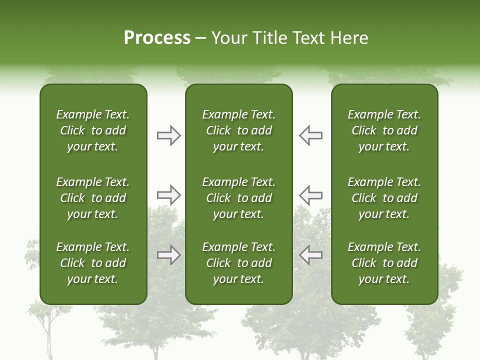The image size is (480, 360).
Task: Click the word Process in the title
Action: pyautogui.click(x=157, y=38)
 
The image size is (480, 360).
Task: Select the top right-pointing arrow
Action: pyautogui.click(x=168, y=135)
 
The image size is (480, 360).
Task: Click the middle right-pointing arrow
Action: pyautogui.click(x=168, y=195)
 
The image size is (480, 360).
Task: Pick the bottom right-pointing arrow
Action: pyautogui.click(x=168, y=255)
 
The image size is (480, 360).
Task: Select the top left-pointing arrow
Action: pyautogui.click(x=311, y=135)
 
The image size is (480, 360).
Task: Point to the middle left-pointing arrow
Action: pyautogui.click(x=311, y=195)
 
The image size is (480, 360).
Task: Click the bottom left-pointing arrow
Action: pyautogui.click(x=311, y=255)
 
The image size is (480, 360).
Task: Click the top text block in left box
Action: pyautogui.click(x=92, y=130)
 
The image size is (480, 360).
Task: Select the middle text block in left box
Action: pyautogui.click(x=92, y=198)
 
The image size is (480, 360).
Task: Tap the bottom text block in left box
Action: pyautogui.click(x=92, y=263)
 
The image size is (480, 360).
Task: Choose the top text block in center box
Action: pyautogui.click(x=238, y=130)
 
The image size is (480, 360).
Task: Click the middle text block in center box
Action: pyautogui.click(x=238, y=198)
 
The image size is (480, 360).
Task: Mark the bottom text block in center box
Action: pyautogui.click(x=238, y=263)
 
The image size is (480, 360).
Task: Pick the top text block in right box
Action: pyautogui.click(x=384, y=130)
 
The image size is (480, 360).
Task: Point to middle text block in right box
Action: pyautogui.click(x=384, y=198)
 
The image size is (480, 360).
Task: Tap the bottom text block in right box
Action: pyautogui.click(x=384, y=263)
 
